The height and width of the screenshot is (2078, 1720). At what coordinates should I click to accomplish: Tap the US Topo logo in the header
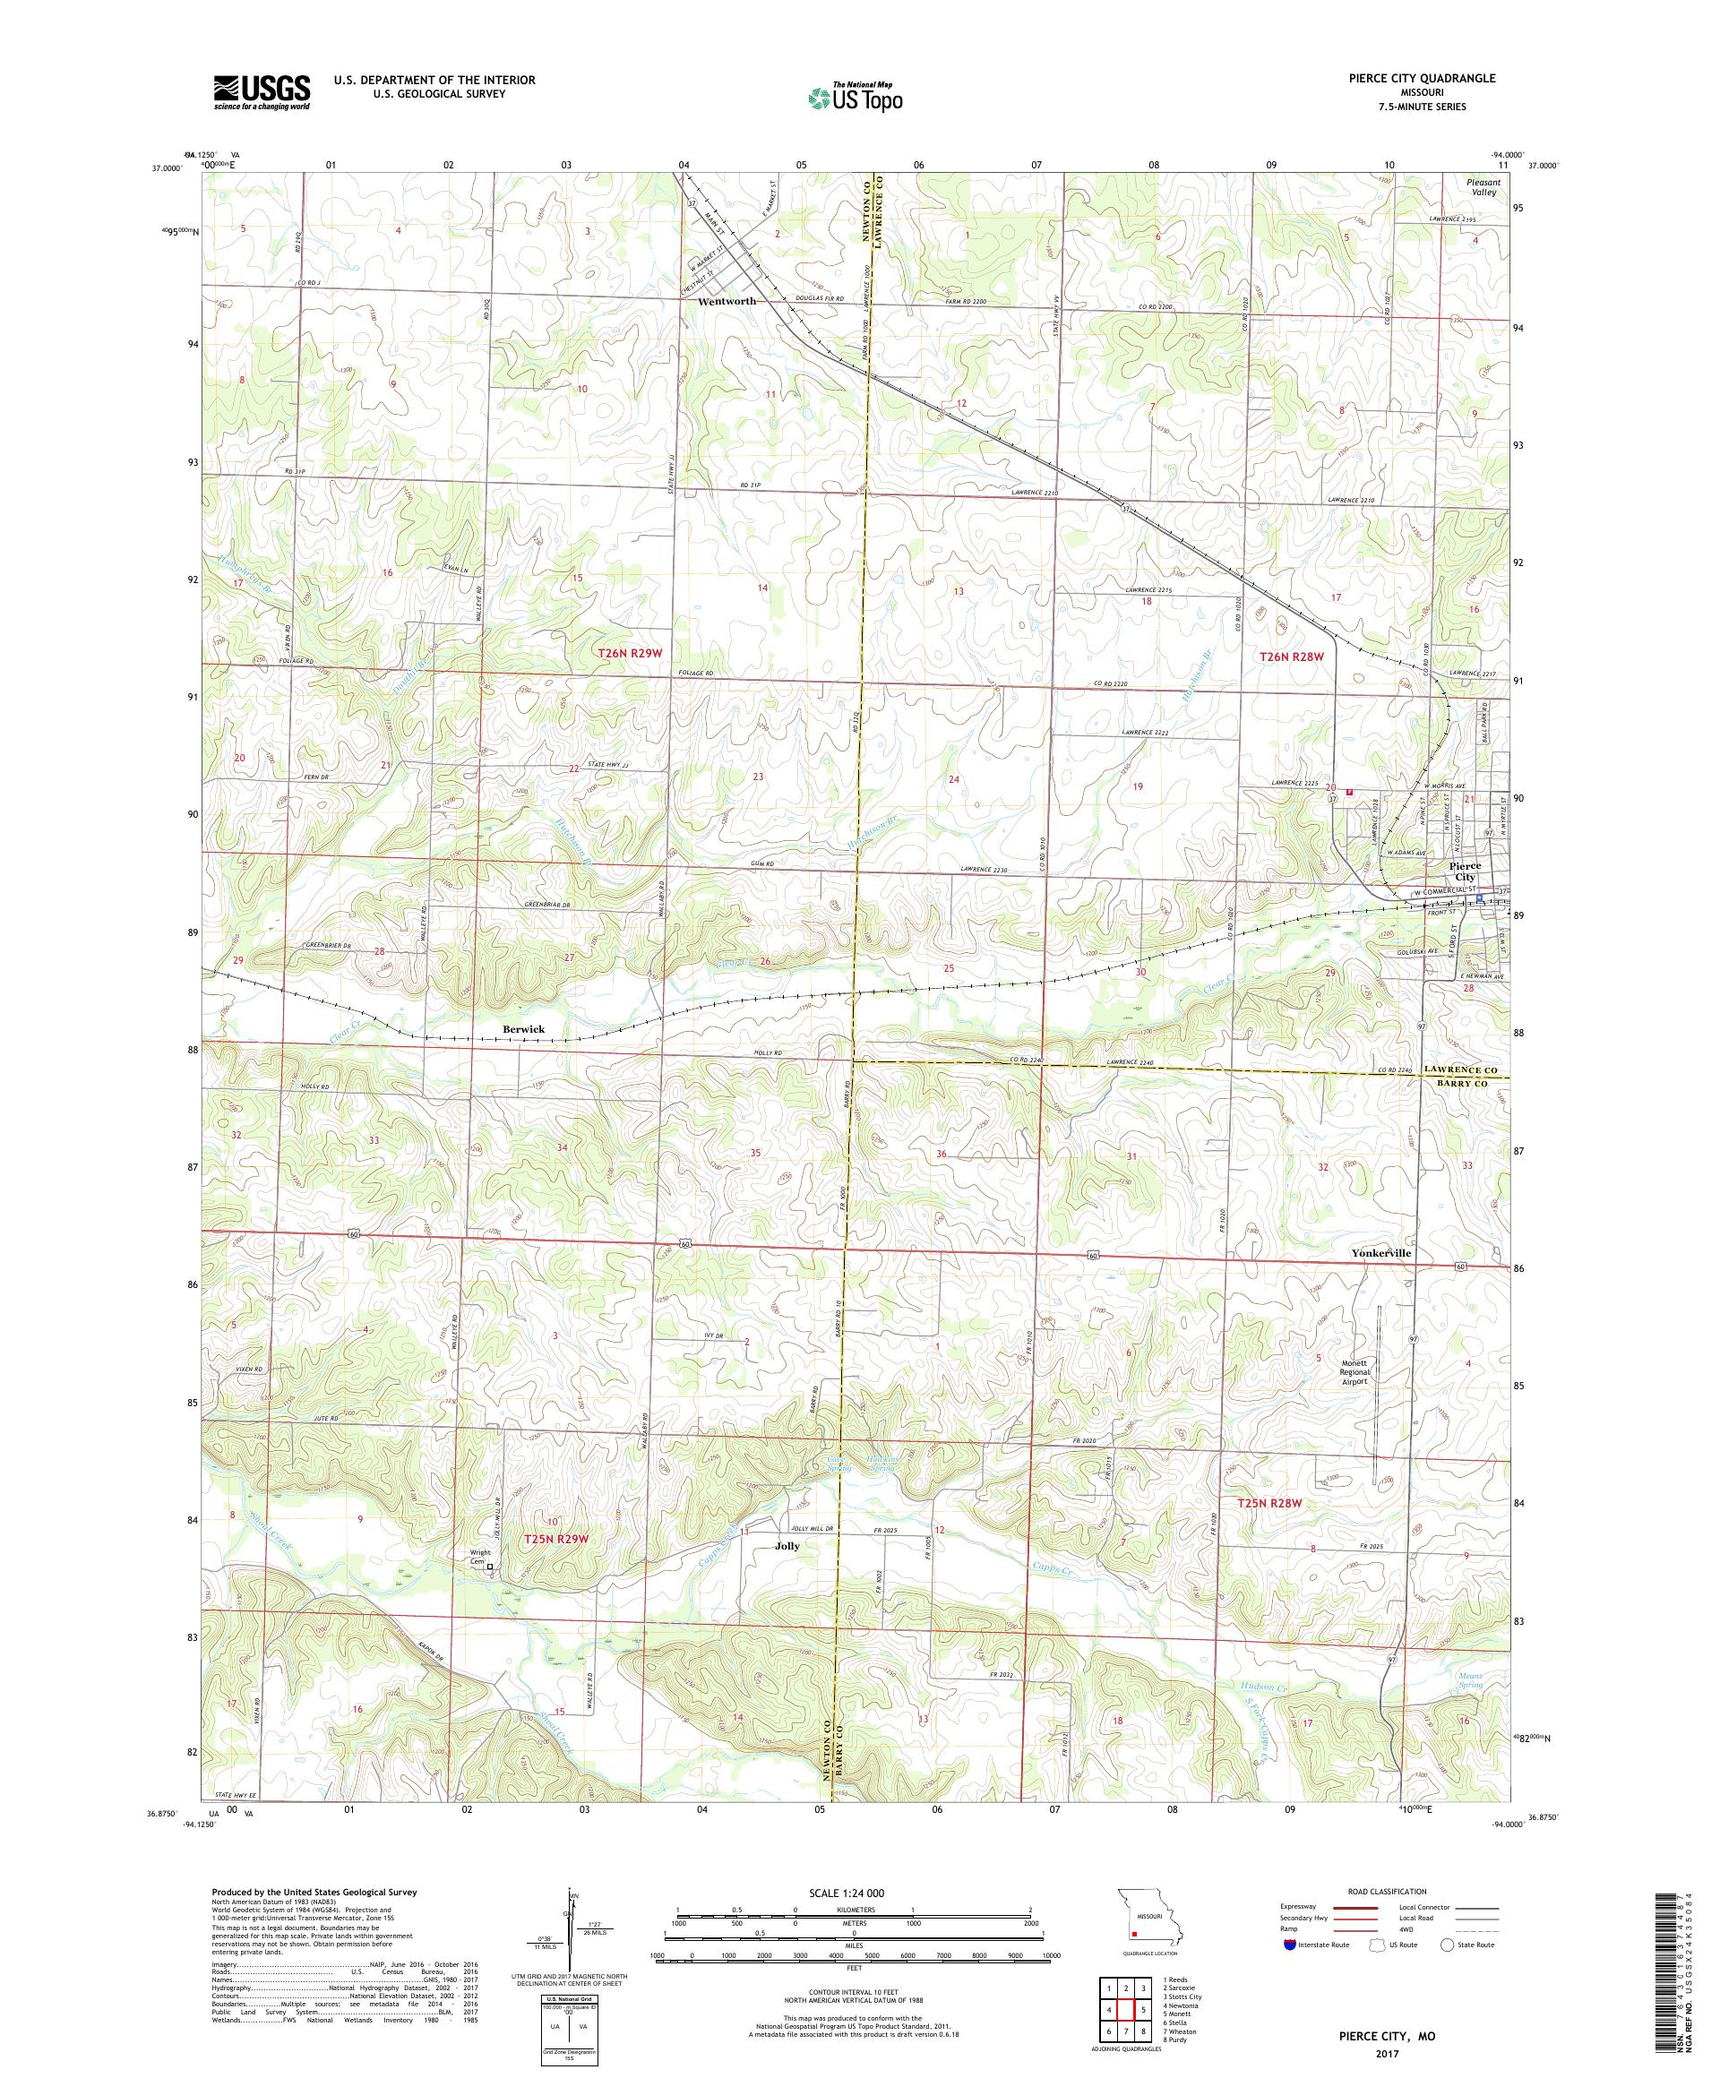pos(856,97)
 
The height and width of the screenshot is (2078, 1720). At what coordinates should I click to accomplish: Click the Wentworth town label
pos(727,301)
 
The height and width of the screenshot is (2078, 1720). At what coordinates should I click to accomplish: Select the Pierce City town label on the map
pos(1462,871)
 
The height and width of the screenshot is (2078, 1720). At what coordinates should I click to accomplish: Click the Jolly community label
pos(787,1546)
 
